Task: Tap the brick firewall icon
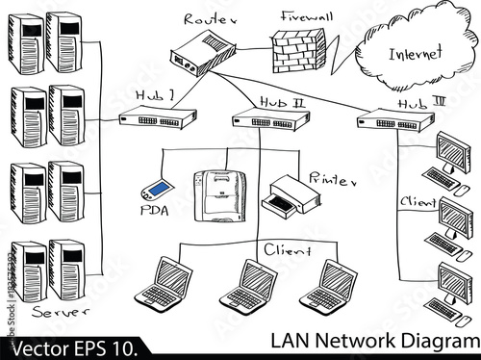(x=297, y=49)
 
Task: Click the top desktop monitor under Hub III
(x=453, y=149)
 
